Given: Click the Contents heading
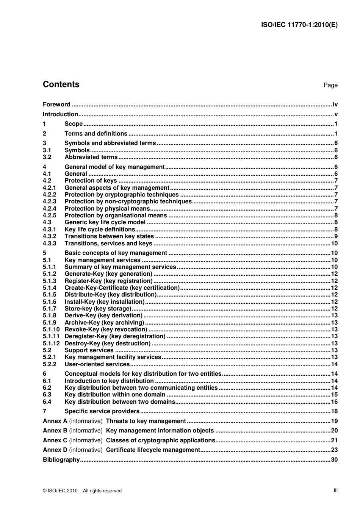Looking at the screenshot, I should pos(61,84).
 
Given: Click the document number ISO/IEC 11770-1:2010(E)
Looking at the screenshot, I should pos(299,25).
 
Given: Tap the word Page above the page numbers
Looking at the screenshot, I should pos(330,85).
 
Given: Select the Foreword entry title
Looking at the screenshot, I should pos(56,105).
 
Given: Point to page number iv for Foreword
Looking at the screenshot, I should pos(335,105).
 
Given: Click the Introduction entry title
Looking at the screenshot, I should pos(60,114).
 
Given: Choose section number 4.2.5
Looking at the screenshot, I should pos(49,215).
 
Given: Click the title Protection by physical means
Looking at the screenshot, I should pos(107,209).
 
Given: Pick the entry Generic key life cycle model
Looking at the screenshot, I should pos(105,222).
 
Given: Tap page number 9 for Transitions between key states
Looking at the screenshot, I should pos(336,236).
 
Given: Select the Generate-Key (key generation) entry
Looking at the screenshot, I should pos(108,274).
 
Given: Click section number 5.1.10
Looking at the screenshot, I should pos(51,329).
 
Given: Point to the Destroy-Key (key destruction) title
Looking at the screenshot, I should pos(108,343).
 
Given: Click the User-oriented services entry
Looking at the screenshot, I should pos(97,364).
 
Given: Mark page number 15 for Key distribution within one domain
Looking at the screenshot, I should pos(334,395).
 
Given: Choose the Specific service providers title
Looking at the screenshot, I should pos(102,411).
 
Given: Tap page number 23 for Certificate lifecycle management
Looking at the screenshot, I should pos(334,450).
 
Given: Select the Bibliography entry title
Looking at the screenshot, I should pos(61,460).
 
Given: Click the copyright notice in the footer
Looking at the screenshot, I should pos(82,491).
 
